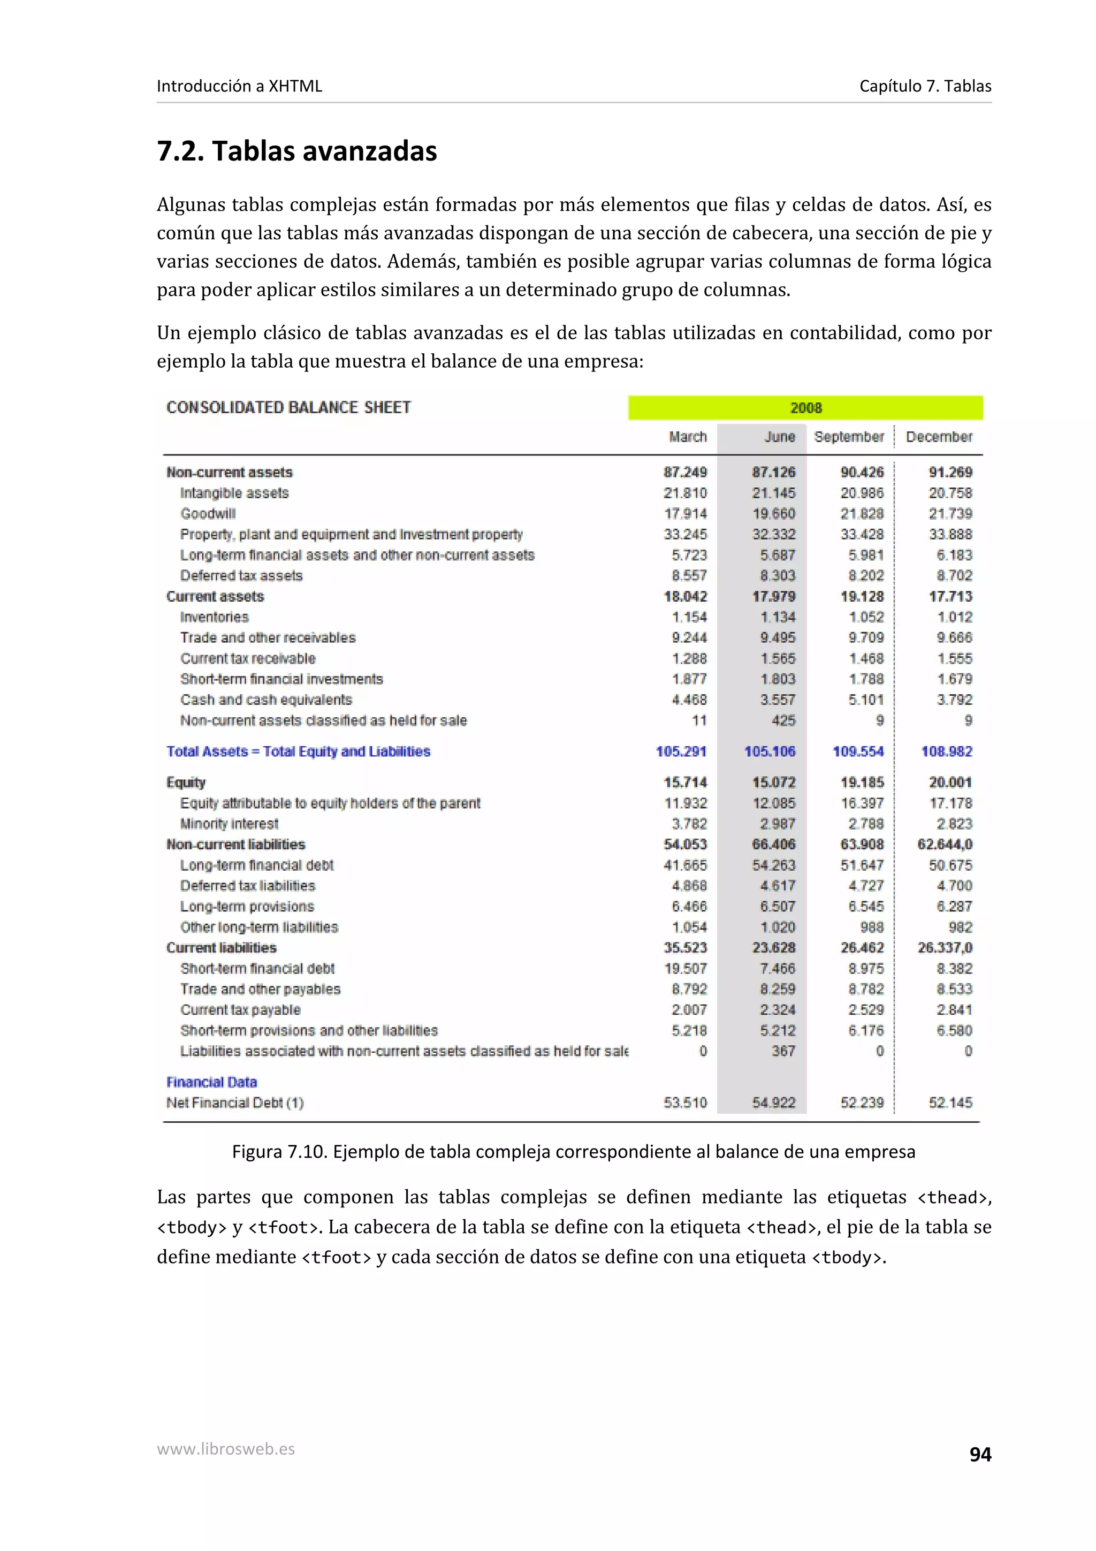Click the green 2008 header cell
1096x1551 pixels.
tap(805, 408)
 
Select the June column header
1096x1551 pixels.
tap(779, 437)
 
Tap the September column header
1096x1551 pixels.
tap(848, 437)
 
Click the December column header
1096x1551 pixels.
tap(939, 437)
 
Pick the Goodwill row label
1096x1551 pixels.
tap(208, 513)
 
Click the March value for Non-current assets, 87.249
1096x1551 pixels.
tap(685, 472)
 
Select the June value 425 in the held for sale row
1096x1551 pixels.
tap(783, 721)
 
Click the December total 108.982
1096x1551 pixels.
tap(947, 751)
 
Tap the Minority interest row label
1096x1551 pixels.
tap(229, 824)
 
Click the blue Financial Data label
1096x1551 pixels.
tap(211, 1082)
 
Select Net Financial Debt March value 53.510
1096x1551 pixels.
tap(685, 1103)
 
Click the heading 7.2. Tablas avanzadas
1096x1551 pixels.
tap(296, 150)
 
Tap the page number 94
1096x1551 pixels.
tap(980, 1455)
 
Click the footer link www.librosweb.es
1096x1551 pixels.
tap(225, 1449)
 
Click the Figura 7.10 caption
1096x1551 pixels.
tap(573, 1152)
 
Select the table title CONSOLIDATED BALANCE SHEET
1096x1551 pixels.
tap(288, 407)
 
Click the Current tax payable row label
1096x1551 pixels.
tap(240, 1010)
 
